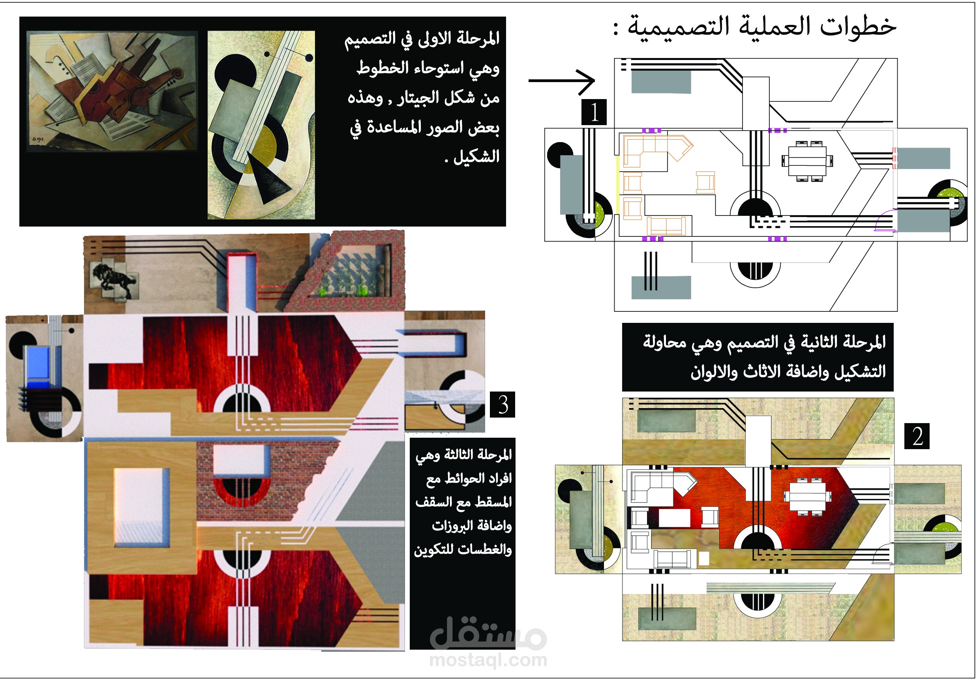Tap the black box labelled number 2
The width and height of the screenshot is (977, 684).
917,437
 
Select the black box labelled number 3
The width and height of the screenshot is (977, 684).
503,405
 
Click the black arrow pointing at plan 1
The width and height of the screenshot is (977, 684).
562,81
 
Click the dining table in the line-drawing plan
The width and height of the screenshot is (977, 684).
807,161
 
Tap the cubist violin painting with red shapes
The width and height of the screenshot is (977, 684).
113,91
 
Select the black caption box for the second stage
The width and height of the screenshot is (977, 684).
758,357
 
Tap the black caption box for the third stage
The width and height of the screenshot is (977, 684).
463,543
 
